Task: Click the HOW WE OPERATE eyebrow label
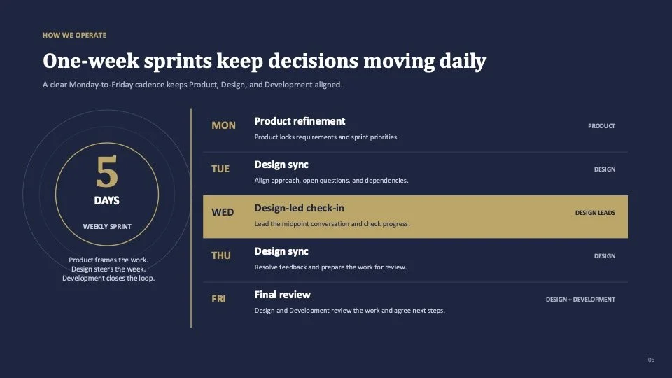click(75, 35)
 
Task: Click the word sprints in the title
click(178, 62)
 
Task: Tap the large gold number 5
click(106, 171)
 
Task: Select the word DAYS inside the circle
click(106, 201)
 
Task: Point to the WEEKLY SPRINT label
click(107, 227)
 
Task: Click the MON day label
click(223, 125)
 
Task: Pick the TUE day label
click(220, 169)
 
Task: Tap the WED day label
click(223, 212)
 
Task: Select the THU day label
click(220, 255)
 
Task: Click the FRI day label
click(218, 299)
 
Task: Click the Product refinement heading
click(300, 121)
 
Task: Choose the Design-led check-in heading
click(299, 209)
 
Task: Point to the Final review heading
click(282, 295)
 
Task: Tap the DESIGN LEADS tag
click(595, 213)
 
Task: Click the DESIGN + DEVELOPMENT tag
click(580, 300)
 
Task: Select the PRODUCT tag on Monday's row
click(601, 126)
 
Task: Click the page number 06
click(651, 360)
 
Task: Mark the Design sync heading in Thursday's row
click(281, 251)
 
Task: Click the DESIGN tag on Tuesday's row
click(605, 169)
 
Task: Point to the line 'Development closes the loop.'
click(108, 278)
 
